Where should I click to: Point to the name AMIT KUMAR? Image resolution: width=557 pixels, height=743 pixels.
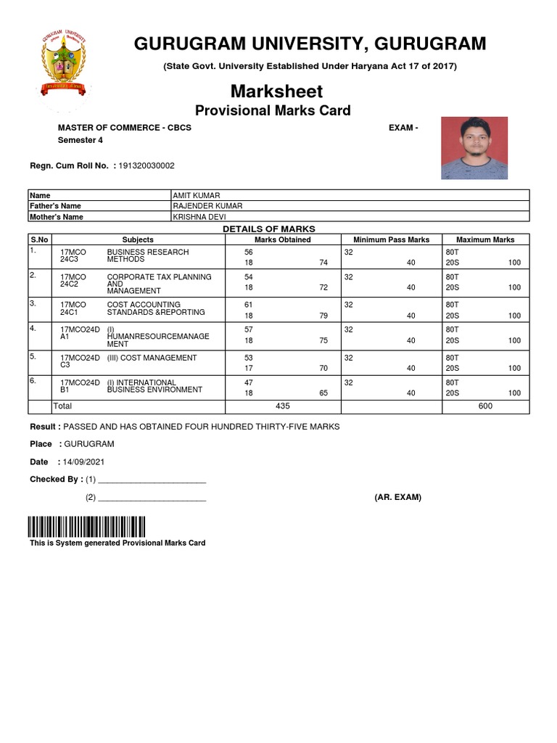(x=196, y=195)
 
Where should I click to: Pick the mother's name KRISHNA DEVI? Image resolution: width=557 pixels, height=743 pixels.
(x=197, y=217)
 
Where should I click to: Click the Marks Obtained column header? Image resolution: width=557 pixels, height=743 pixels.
(x=283, y=239)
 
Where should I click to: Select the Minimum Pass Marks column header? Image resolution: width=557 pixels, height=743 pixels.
(x=391, y=239)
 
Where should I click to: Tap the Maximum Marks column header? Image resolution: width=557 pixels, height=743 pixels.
(x=485, y=239)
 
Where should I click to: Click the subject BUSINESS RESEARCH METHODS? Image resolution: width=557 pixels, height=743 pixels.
(x=147, y=255)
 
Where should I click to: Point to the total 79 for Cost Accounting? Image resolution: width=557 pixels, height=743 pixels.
(x=323, y=316)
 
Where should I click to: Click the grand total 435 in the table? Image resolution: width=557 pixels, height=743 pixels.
(x=283, y=406)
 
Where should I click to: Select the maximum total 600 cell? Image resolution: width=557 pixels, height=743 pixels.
(x=485, y=406)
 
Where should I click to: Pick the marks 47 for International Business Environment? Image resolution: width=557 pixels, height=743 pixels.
(x=249, y=382)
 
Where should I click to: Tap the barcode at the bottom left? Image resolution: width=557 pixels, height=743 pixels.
(x=87, y=526)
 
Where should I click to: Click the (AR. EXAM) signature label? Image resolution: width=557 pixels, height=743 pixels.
(x=397, y=497)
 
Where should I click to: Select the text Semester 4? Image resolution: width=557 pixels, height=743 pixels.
(x=76, y=140)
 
